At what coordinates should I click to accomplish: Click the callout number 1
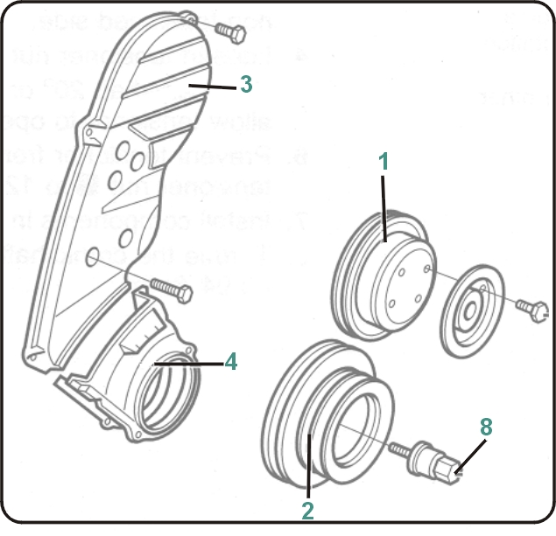[x=383, y=161]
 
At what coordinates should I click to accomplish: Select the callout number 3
[x=246, y=84]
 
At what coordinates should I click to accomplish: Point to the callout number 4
[x=230, y=360]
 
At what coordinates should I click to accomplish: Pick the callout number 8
[x=486, y=426]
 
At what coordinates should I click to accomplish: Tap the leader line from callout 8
[x=470, y=456]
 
